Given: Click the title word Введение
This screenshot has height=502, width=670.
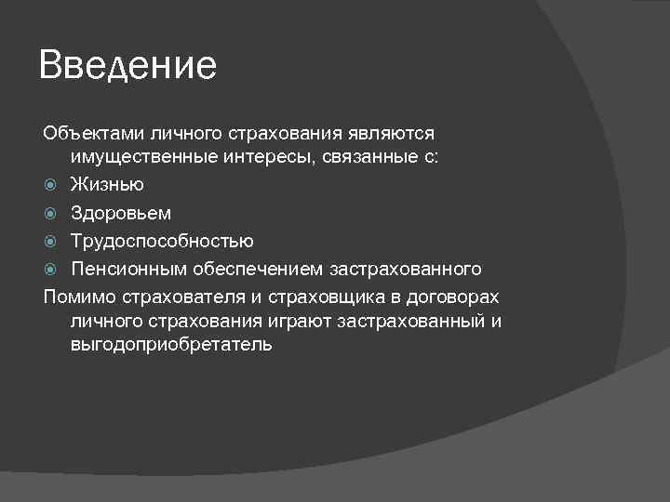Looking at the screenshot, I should coord(128,66).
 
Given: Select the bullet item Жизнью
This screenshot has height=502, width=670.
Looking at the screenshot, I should coord(107,185).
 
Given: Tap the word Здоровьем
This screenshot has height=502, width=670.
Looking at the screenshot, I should coord(121,213).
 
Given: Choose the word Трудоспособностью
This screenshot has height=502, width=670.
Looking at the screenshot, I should coord(162,242).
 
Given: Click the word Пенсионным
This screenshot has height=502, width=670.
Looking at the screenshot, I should coord(128,270).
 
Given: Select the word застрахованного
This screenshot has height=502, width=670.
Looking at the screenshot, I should coord(407,270).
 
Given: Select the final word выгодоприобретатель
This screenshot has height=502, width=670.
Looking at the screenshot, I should coord(170,344).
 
